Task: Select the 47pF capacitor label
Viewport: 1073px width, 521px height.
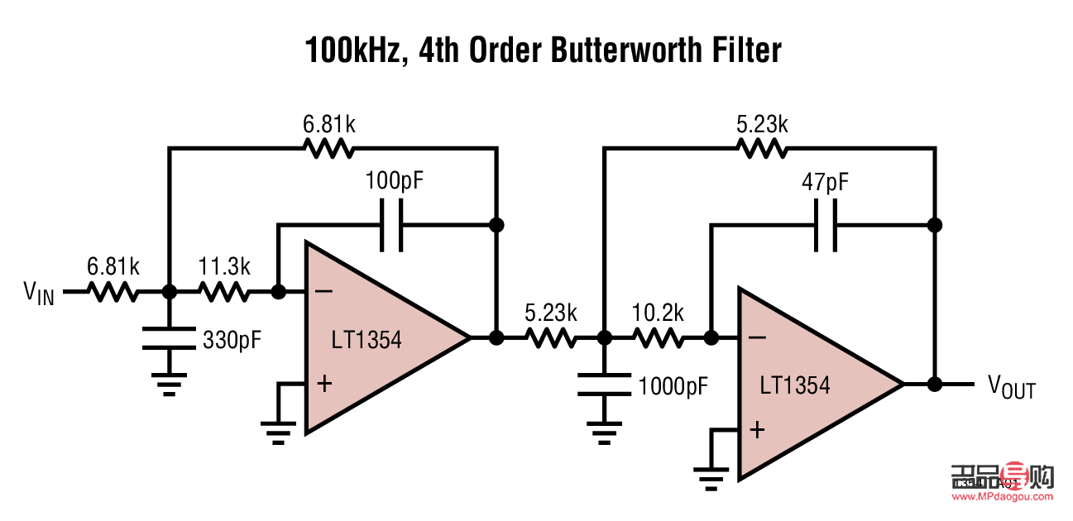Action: point(825,181)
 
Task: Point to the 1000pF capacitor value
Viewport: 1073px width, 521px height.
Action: point(673,385)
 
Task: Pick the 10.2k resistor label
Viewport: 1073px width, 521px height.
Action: point(658,313)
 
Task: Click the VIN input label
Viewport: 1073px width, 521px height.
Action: point(39,293)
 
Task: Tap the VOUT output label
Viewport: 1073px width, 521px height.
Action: point(1011,385)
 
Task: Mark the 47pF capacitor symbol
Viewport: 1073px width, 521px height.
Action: point(825,225)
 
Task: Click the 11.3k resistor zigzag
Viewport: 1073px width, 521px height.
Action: point(223,292)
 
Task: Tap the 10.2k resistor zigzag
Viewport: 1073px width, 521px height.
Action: point(658,338)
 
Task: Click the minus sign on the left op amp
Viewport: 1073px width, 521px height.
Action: point(324,291)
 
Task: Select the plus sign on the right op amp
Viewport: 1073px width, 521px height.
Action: point(757,429)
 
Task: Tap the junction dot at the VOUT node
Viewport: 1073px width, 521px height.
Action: point(935,384)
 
